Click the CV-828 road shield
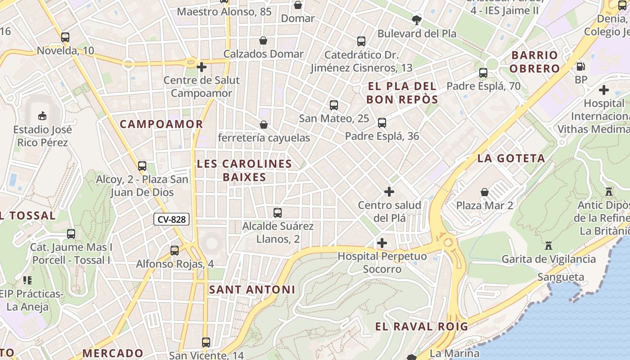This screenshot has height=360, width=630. tap(171, 220)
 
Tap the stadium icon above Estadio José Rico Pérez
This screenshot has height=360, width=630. tap(42, 116)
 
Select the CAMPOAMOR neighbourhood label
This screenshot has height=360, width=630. tap(161, 124)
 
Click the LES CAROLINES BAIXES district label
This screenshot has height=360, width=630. tap(244, 170)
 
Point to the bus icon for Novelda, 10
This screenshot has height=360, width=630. tap(65, 37)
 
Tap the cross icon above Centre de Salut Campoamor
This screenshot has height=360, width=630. tap(202, 67)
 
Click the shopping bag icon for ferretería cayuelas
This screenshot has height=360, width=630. tap(263, 124)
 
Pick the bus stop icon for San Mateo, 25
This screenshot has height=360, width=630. tap(333, 105)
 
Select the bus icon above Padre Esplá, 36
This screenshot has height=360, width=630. tap(382, 122)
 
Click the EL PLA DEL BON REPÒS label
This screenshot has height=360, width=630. tap(402, 93)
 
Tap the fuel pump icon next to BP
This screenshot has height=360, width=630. tap(581, 67)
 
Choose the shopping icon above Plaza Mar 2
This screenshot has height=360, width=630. tap(485, 192)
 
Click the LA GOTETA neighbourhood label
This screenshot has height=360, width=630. tap(511, 158)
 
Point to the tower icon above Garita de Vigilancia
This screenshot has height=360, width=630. tap(548, 246)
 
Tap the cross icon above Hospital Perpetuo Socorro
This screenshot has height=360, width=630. tap(382, 243)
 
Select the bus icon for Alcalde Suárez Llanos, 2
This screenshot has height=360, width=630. tap(278, 212)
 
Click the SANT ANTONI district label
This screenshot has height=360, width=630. tap(252, 290)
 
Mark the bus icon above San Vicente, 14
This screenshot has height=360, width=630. tap(206, 342)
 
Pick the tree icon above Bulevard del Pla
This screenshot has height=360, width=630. tap(417, 20)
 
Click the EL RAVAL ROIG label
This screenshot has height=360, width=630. tap(421, 327)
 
